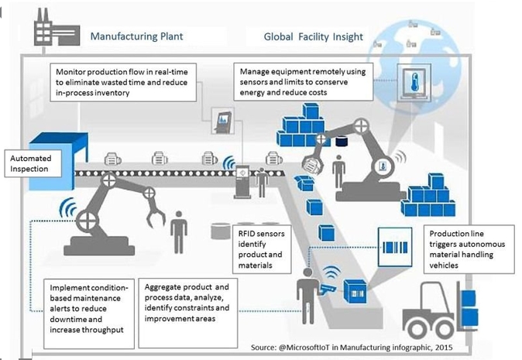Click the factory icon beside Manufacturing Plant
tap(57, 28)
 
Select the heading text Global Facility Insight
tap(313, 36)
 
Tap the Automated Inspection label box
tap(33, 163)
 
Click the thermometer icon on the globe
tap(414, 82)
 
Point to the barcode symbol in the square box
tap(395, 248)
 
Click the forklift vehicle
tap(440, 310)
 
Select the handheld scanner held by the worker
tap(328, 289)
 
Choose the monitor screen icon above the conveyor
tap(223, 122)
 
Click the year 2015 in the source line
tap(444, 348)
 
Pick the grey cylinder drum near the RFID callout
tap(221, 231)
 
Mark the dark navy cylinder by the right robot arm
tap(342, 142)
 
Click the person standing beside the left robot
tap(179, 232)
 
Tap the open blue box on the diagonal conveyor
tap(304, 183)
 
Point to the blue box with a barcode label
tap(355, 291)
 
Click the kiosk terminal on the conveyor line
tap(242, 182)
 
